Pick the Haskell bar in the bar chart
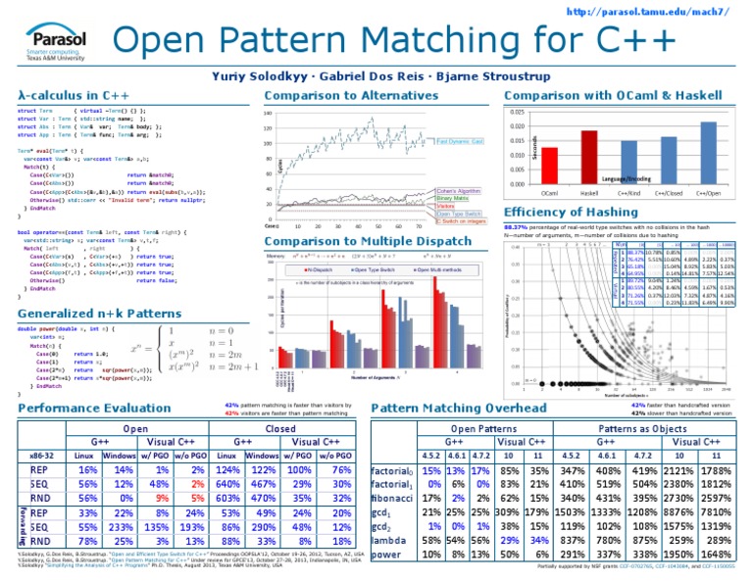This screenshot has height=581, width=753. tap(588, 157)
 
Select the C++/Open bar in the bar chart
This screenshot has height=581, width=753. tap(705, 152)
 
